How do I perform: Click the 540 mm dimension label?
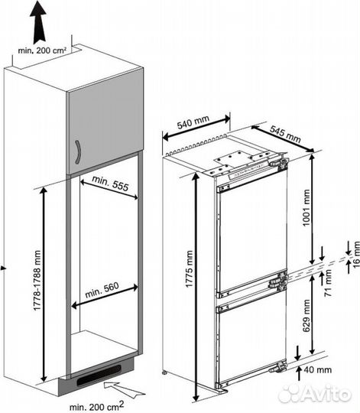pos(193,122)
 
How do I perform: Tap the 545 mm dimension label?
pos(286,134)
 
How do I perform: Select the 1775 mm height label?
pos(190,268)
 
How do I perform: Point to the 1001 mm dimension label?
pos(306,207)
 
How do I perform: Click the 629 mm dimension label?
pos(306,316)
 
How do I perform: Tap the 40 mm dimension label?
pos(318,370)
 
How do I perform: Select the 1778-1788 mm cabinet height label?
pos(37,280)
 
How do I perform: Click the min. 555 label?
pos(110,184)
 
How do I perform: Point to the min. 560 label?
pos(102,290)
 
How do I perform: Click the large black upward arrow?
pos(38,22)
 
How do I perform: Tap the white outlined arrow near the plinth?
pos(125,389)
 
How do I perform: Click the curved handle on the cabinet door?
pos(78,152)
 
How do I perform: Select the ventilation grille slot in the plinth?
pos(99,376)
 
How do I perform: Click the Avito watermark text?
pos(315,395)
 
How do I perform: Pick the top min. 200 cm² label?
pos(42,50)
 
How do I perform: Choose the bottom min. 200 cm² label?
pos(96,406)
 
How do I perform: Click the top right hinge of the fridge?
pos(280,162)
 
